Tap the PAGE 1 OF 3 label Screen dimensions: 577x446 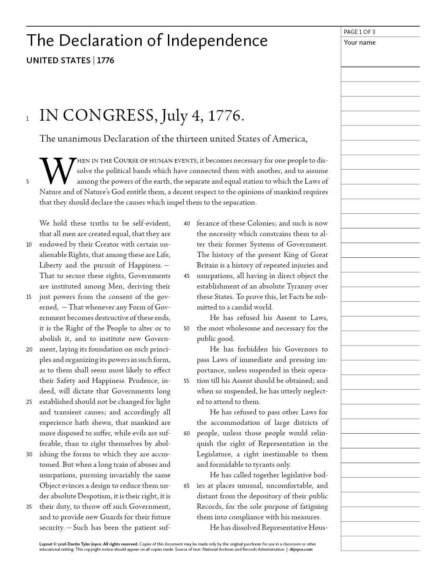359,32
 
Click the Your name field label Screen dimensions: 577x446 359,43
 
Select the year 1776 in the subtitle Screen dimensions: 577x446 105,60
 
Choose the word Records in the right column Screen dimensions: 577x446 208,507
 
